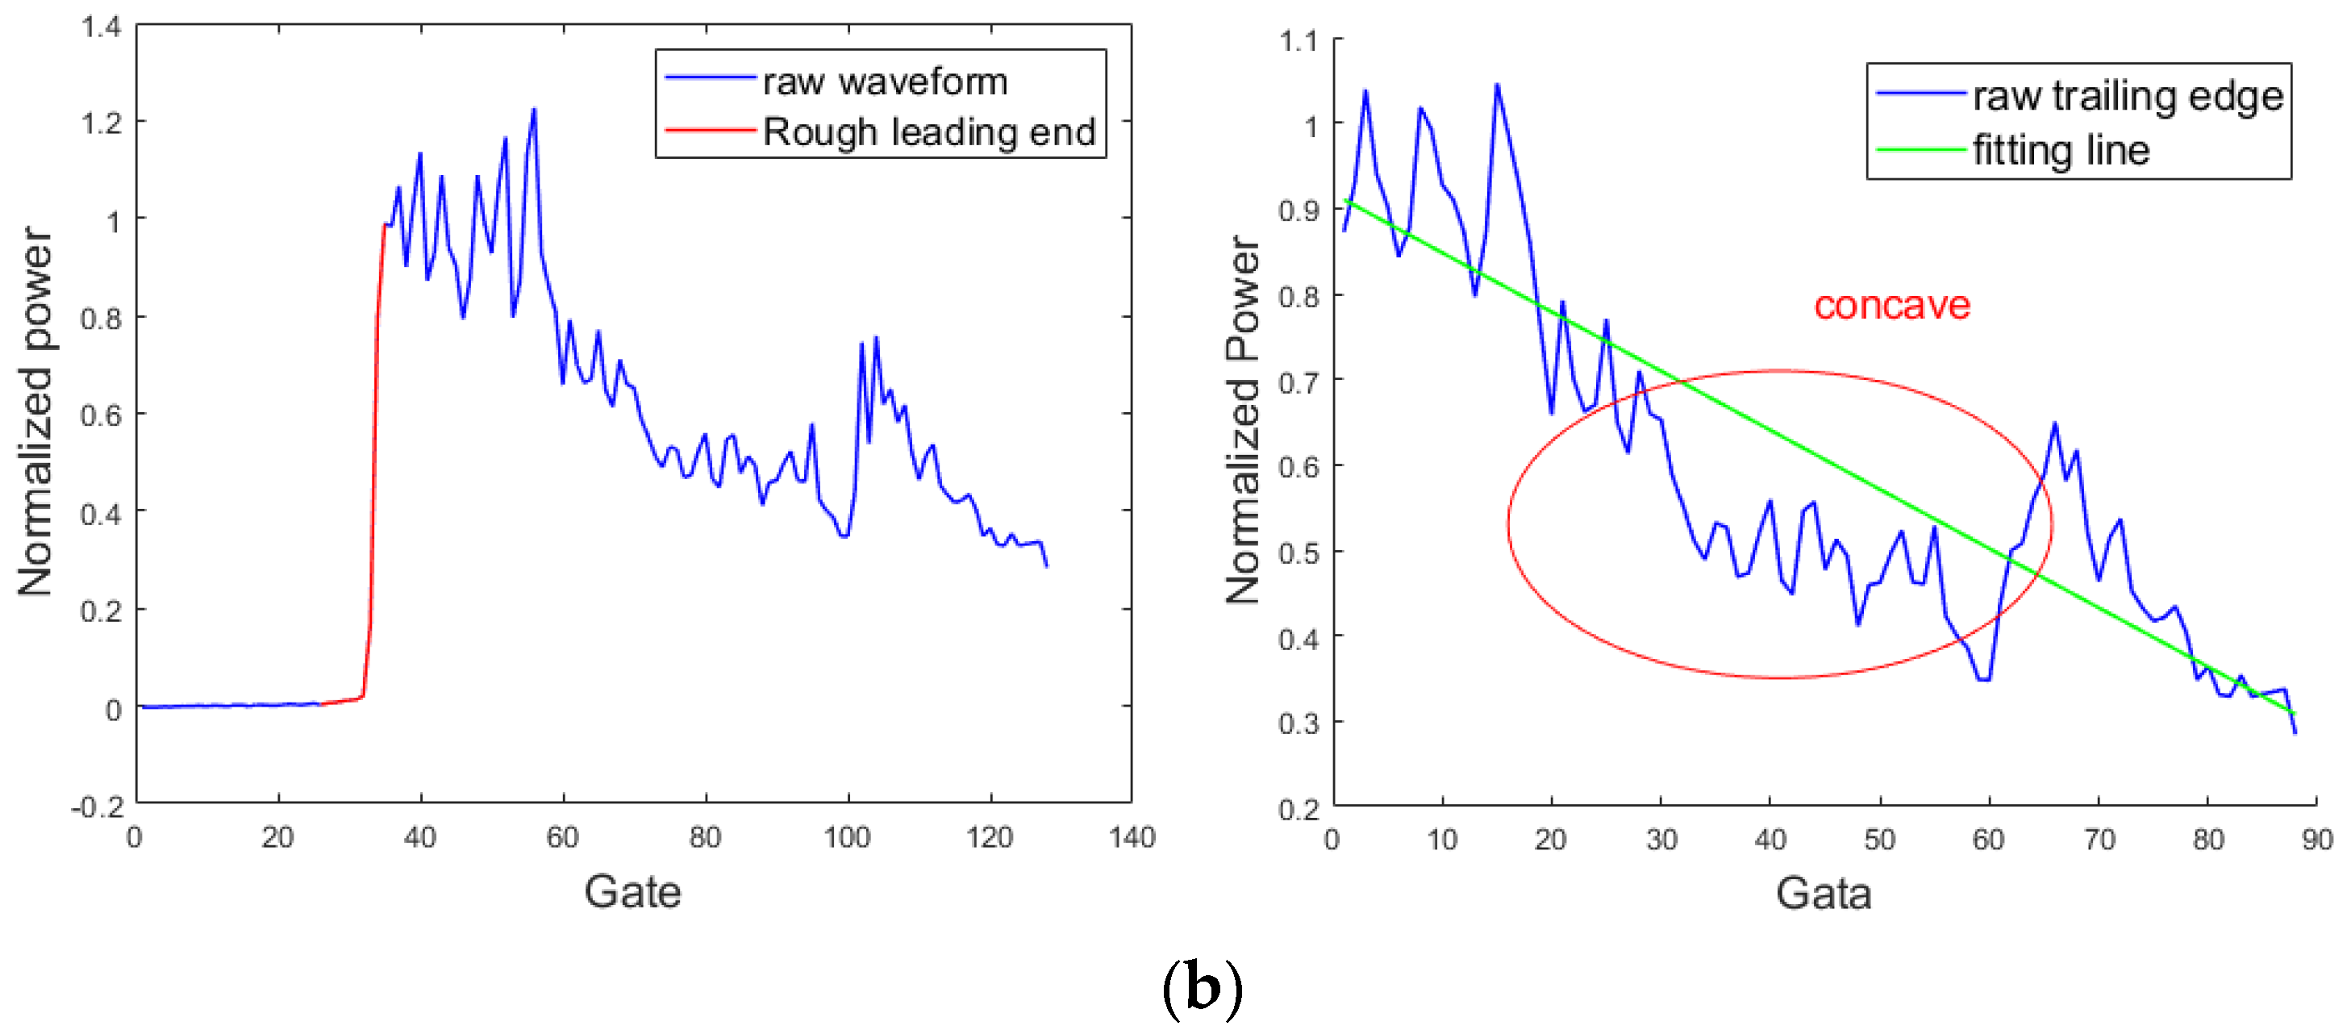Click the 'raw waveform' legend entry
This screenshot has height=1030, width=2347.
pyautogui.click(x=884, y=82)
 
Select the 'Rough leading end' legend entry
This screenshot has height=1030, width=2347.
pyautogui.click(x=928, y=132)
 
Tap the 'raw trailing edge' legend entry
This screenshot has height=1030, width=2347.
pyautogui.click(x=2128, y=96)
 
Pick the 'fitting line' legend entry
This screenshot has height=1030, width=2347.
pyautogui.click(x=2061, y=150)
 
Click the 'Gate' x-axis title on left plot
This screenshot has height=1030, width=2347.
pyautogui.click(x=632, y=891)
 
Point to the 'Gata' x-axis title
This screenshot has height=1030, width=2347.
pyautogui.click(x=1823, y=893)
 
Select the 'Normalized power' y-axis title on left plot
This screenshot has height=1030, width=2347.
pyautogui.click(x=36, y=412)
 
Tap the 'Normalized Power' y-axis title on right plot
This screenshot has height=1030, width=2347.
pyautogui.click(x=1243, y=419)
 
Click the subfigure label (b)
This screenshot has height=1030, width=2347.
pyautogui.click(x=1202, y=989)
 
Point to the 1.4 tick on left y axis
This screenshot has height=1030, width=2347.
pyautogui.click(x=101, y=27)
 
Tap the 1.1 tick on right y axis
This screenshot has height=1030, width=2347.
pyautogui.click(x=1299, y=41)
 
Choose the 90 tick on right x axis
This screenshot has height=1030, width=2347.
pyautogui.click(x=2316, y=840)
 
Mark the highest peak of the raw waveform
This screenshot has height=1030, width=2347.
pyautogui.click(x=534, y=111)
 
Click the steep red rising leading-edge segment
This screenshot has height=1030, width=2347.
pyautogui.click(x=374, y=456)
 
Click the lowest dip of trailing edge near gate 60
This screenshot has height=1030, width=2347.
pyautogui.click(x=1983, y=679)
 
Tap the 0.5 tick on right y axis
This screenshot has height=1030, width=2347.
pyautogui.click(x=1299, y=553)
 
